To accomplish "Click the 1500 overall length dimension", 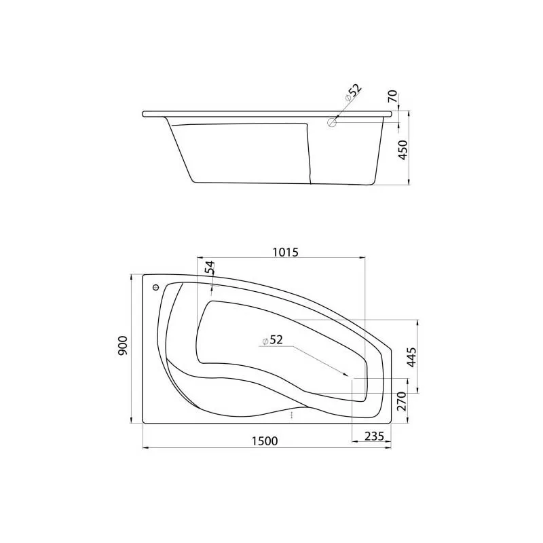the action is coord(265,441).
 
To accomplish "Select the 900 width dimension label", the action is coord(123,345).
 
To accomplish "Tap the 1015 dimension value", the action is coord(285,252).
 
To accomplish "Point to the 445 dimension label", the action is coord(411,357).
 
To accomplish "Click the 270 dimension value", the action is coord(401,401).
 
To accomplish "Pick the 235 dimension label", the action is coord(374,436).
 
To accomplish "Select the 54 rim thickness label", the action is coord(210,267).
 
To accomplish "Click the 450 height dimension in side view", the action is coord(403,150).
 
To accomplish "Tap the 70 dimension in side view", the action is coord(393,96).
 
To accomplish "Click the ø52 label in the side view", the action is coord(353,93).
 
